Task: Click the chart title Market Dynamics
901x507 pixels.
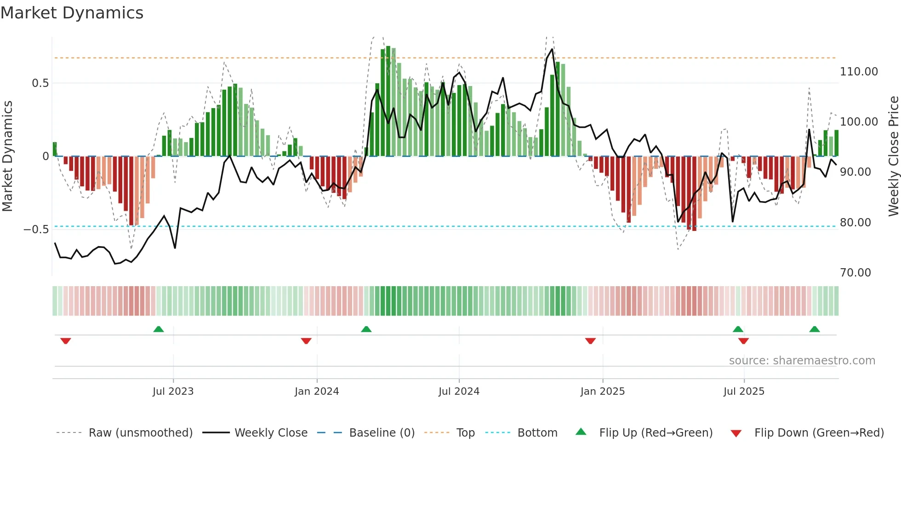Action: click(72, 13)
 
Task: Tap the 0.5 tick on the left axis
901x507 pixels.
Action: click(40, 83)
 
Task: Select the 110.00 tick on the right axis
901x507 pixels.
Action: click(859, 72)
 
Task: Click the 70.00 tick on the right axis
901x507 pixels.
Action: click(855, 273)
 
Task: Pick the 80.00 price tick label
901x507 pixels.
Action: click(855, 223)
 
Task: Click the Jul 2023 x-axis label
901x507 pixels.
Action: click(173, 392)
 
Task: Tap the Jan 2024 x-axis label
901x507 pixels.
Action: click(317, 392)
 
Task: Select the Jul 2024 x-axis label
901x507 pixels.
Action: click(459, 392)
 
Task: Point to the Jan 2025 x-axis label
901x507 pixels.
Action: click(602, 392)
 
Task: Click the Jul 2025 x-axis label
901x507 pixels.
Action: click(744, 392)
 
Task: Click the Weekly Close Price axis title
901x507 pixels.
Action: click(893, 156)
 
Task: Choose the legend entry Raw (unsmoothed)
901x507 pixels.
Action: click(140, 433)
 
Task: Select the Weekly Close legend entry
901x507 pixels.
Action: click(271, 433)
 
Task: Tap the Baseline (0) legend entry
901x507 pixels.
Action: click(382, 433)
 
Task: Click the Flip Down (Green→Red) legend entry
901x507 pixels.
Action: click(819, 433)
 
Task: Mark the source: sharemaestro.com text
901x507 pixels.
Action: click(802, 361)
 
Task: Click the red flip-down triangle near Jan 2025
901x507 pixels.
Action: click(590, 341)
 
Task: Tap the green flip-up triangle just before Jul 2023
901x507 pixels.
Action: click(158, 329)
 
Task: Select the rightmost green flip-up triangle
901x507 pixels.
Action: click(814, 329)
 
